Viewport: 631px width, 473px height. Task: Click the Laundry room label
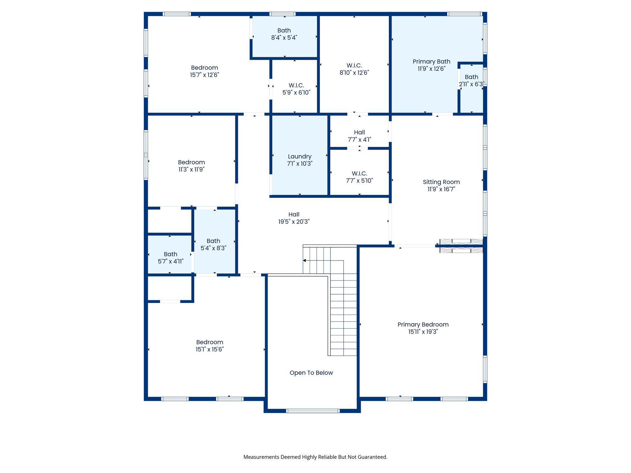point(299,157)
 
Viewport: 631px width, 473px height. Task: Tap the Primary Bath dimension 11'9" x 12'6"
point(431,69)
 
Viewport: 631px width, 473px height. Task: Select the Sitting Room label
point(441,182)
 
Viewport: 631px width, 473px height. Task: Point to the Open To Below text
point(311,373)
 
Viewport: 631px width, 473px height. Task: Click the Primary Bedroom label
point(423,325)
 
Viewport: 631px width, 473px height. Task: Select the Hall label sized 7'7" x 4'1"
point(359,132)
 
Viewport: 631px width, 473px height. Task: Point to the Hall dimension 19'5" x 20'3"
point(294,222)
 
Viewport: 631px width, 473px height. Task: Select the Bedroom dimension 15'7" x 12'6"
point(204,75)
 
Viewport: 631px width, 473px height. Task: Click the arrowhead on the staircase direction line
point(304,261)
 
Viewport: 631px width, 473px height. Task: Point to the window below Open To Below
point(313,411)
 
